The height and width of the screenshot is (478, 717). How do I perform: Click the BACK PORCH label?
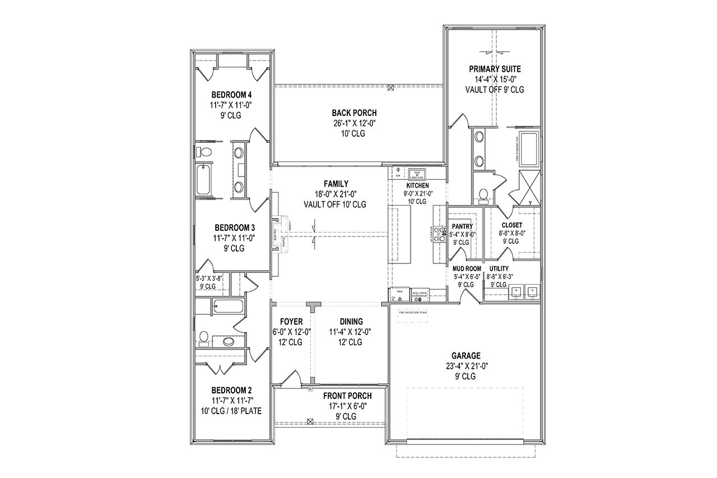click(353, 113)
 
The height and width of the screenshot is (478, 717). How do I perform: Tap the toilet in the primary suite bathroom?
click(483, 194)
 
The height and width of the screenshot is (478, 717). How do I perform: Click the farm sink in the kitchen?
click(417, 173)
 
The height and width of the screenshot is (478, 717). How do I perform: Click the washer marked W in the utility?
click(515, 291)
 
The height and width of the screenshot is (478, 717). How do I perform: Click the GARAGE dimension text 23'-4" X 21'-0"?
click(467, 366)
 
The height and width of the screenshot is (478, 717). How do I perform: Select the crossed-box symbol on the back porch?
click(390, 87)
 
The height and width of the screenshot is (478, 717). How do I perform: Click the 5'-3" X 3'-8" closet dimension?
click(209, 278)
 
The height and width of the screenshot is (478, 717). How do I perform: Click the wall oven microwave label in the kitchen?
click(420, 293)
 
